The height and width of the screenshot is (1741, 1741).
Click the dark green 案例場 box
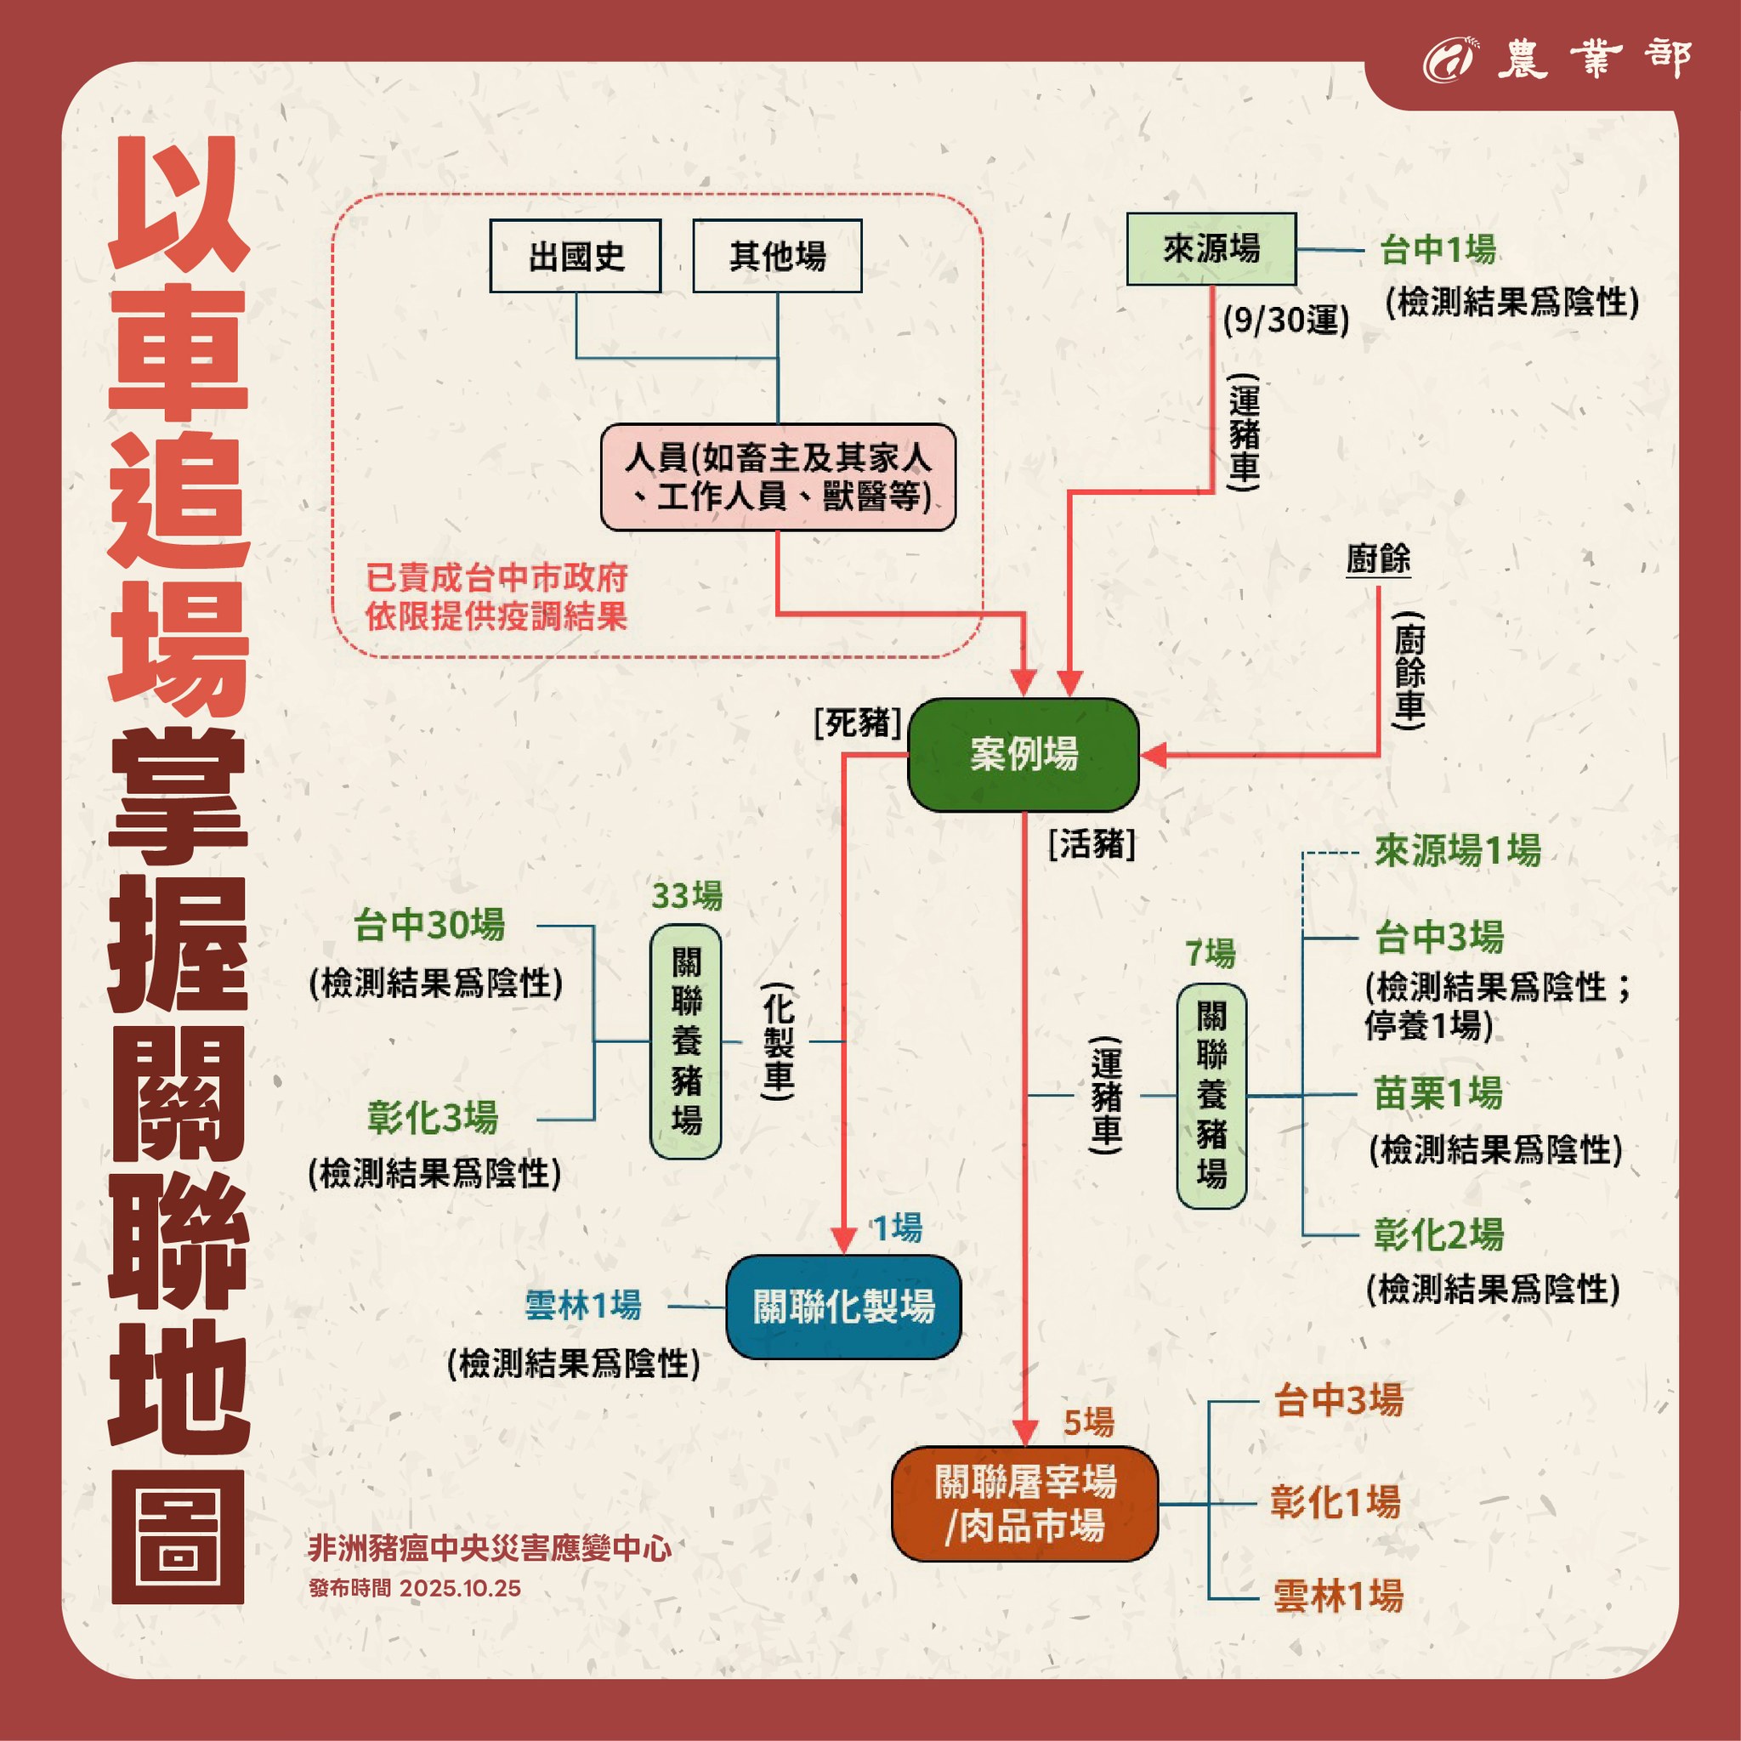pos(1023,754)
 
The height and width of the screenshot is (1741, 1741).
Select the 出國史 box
pos(575,256)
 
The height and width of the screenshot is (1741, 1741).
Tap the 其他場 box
pos(777,256)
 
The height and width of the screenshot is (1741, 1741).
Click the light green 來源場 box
pos(1211,249)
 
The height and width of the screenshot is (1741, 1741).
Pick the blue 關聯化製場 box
pos(842,1306)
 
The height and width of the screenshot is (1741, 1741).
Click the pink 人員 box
pos(778,477)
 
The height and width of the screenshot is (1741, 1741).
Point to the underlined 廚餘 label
pos(1378,559)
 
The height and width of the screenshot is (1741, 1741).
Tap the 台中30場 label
pos(429,926)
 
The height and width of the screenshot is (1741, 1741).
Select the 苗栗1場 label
pos(1438,1093)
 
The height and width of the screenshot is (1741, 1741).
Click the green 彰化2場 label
pos(1438,1234)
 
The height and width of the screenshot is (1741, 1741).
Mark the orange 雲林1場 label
pos(1337,1596)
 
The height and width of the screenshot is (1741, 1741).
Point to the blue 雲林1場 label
pos(583,1305)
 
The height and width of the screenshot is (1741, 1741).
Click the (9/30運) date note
pos(1286,320)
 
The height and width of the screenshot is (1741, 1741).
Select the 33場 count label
pos(687,896)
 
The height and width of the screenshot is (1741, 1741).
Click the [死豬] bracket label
pos(857,722)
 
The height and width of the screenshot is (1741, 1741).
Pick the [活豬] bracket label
pos(1092,844)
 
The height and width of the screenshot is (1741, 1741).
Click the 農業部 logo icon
pos(1447,60)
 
